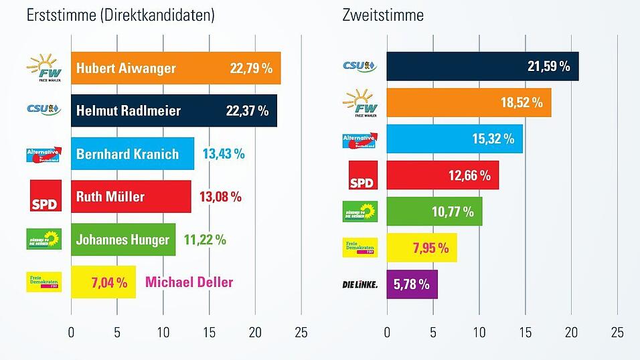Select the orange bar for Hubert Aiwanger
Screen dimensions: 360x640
click(x=175, y=68)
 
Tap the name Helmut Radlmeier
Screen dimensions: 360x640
click(x=129, y=111)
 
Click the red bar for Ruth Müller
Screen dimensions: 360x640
click(x=131, y=197)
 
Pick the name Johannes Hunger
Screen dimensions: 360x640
click(x=123, y=240)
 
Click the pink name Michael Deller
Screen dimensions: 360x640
click(x=189, y=282)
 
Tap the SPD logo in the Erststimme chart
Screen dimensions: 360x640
click(x=46, y=196)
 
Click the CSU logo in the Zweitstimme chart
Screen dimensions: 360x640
click(x=359, y=66)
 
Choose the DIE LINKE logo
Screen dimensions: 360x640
click(x=359, y=284)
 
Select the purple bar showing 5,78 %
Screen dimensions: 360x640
click(x=412, y=284)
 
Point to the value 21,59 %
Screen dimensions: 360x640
click(x=548, y=66)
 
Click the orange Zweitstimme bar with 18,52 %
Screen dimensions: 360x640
click(x=469, y=102)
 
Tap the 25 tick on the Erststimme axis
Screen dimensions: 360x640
click(x=301, y=332)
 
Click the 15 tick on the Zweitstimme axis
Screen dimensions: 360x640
click(x=525, y=332)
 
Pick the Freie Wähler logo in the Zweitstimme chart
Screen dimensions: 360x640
click(x=359, y=102)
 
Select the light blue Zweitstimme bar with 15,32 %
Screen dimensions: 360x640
click(x=455, y=139)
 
